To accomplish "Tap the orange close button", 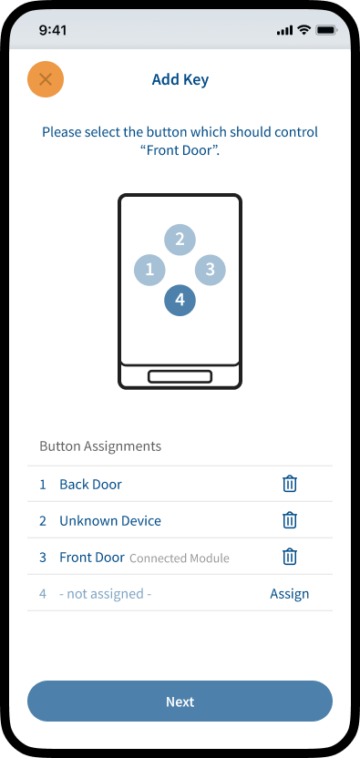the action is point(46,79).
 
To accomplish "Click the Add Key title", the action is point(180,79).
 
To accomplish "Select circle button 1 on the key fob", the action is point(149,270).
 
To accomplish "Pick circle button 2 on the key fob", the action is point(180,239).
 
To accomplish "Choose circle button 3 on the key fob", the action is point(210,270).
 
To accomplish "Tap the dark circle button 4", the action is point(180,301).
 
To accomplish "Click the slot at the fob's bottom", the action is point(180,376).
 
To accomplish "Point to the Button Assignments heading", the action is point(100,446).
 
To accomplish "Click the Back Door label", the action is point(90,485).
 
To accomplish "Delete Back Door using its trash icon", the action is point(289,484).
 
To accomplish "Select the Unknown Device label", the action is point(110,520).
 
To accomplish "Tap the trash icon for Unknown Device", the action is point(289,520).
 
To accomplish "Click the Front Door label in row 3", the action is point(92,558).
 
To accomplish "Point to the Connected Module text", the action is point(180,558).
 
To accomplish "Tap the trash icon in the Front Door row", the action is point(289,557).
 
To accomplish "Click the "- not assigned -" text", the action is point(106,594).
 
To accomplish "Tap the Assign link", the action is point(289,594).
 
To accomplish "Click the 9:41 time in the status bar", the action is point(53,30).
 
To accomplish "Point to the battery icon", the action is point(326,30).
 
